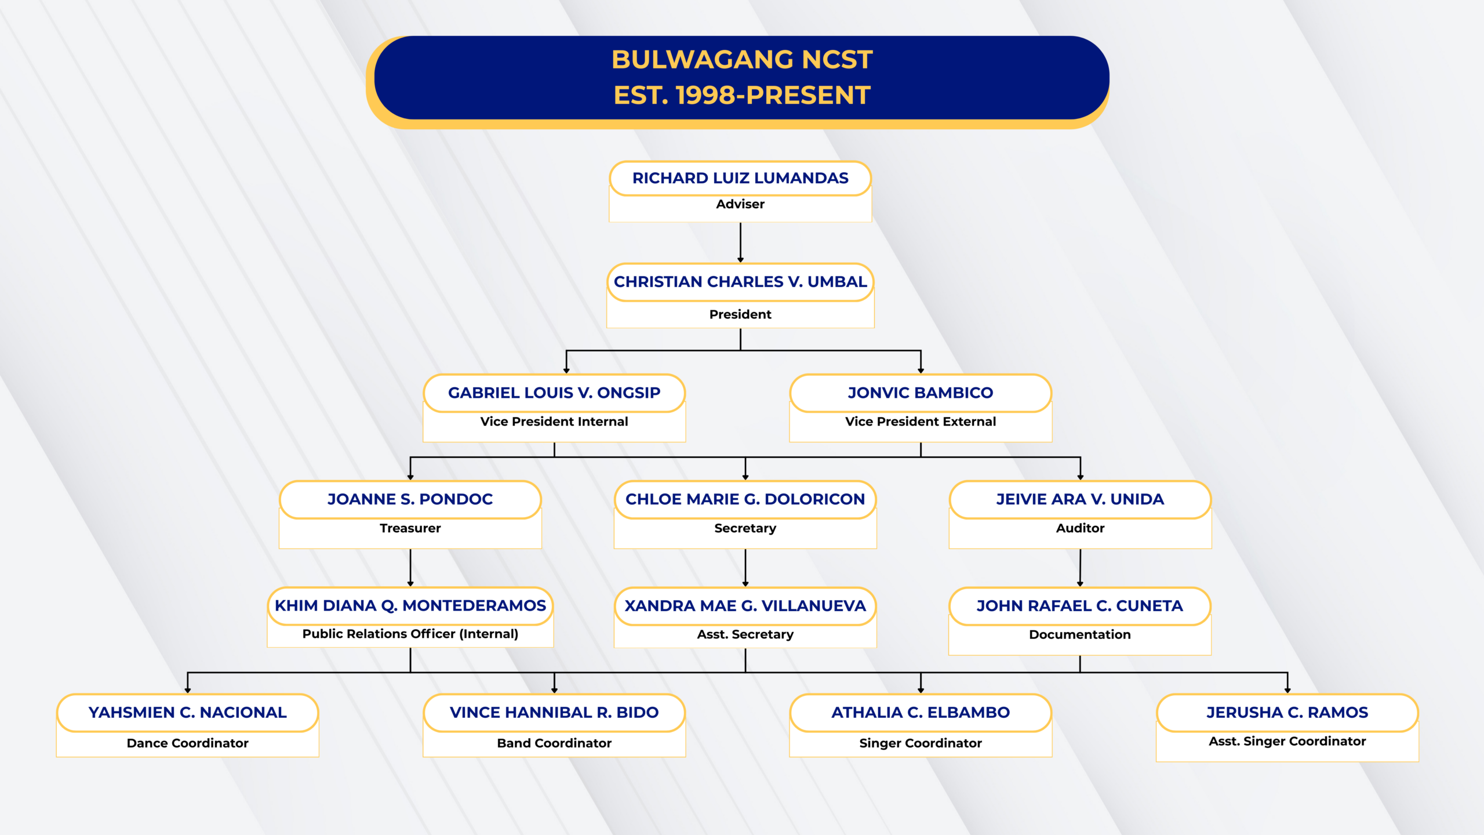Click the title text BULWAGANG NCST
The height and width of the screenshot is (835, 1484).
(x=741, y=60)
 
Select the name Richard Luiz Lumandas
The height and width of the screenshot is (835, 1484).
(x=740, y=178)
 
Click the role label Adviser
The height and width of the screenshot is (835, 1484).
(x=740, y=204)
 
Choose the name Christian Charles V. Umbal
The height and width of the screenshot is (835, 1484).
(x=740, y=282)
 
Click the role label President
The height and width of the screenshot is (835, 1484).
(x=740, y=314)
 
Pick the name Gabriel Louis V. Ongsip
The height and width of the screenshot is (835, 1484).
(x=554, y=393)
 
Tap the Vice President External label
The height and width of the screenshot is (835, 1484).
(x=921, y=422)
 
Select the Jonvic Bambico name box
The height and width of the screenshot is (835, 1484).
(x=921, y=393)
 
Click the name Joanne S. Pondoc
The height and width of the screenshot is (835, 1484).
(x=410, y=499)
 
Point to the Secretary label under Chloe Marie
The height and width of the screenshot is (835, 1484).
(x=745, y=528)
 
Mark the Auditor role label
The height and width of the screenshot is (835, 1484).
(x=1080, y=528)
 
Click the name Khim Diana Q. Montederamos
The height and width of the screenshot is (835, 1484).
(x=410, y=606)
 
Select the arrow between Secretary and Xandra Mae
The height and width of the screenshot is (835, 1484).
(x=745, y=568)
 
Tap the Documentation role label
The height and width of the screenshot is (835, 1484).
(x=1080, y=635)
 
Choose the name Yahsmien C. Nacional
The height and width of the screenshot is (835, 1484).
(x=188, y=713)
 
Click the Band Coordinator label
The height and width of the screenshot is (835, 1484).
(x=554, y=743)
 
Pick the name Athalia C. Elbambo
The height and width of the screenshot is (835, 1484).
(x=921, y=713)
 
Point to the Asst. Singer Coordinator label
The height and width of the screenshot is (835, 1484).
(x=1287, y=742)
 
